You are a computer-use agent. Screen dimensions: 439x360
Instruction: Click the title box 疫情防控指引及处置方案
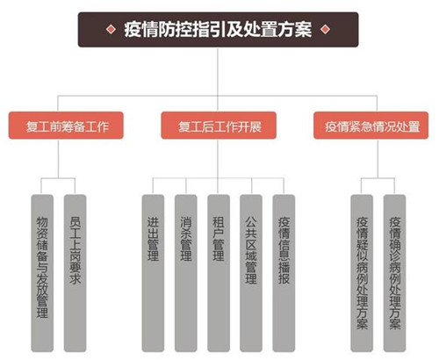pos(218,30)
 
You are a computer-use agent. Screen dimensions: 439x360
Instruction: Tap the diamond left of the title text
pos(111,29)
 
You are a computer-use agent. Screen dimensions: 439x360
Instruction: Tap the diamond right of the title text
pos(325,29)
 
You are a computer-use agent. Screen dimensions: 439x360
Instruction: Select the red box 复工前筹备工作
pos(66,126)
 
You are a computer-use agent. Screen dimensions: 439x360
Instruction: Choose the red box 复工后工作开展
pos(219,126)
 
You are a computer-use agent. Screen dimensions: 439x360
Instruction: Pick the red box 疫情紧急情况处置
pos(371,126)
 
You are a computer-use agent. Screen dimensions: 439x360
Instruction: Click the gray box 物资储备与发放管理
pos(42,273)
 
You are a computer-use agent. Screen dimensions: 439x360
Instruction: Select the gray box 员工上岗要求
pos(75,273)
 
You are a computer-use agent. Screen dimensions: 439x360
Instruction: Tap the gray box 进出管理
pos(153,273)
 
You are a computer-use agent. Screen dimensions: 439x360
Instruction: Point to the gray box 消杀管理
pos(186,273)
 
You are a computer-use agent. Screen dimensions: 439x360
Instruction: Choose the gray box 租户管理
pos(219,273)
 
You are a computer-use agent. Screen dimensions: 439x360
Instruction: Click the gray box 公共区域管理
pos(251,273)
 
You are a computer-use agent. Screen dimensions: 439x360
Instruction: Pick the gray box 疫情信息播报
pos(284,273)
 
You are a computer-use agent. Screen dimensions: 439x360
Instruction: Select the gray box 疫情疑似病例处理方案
pos(362,273)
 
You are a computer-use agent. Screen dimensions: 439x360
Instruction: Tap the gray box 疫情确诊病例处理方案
pos(395,273)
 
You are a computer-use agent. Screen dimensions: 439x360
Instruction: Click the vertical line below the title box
pos(218,79)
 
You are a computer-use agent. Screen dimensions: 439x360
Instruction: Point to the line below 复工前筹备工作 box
pos(58,158)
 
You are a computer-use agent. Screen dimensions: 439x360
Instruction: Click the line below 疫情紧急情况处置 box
pos(378,158)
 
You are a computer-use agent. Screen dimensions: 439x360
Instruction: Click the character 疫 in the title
pos(133,30)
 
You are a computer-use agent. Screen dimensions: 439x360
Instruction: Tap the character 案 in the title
pos(303,30)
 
